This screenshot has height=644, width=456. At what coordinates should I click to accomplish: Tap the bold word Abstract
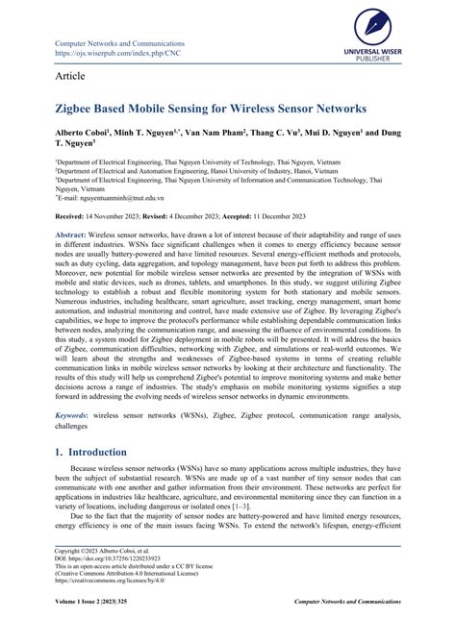(x=73, y=235)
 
